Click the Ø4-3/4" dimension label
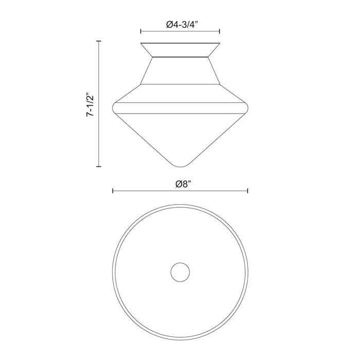(180, 23)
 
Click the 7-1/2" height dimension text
(91, 105)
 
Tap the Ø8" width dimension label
(180, 184)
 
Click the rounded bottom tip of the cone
(180, 165)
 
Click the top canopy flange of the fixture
(180, 49)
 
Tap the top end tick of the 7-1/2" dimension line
(99, 40)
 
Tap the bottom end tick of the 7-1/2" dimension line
(99, 167)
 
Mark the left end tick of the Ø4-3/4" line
(141, 31)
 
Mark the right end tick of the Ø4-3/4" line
(220, 31)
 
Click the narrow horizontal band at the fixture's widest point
(180, 108)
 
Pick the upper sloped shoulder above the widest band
(180, 94)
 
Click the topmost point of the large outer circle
(180, 204)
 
